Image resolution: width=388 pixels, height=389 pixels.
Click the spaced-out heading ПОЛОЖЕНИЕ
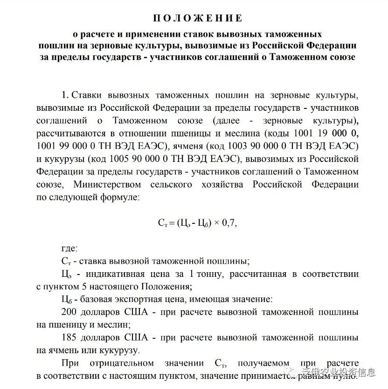click(x=198, y=19)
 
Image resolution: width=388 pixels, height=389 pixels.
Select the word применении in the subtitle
click(x=148, y=35)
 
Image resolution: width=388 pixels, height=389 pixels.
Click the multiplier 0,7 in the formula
click(x=229, y=222)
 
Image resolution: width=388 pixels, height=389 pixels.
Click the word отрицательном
click(x=123, y=362)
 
